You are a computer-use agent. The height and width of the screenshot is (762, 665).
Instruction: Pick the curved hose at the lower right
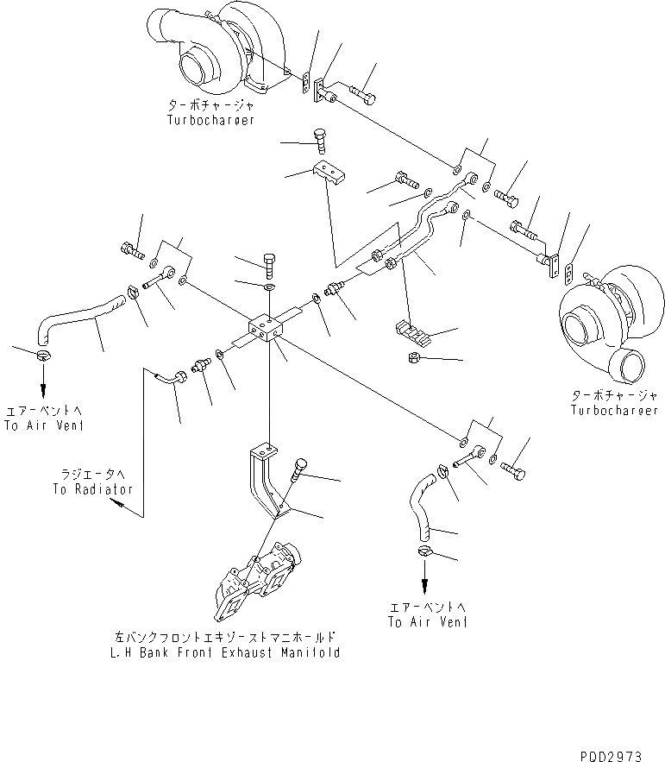(x=420, y=509)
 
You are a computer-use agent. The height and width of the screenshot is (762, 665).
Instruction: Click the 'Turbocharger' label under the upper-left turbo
(x=211, y=121)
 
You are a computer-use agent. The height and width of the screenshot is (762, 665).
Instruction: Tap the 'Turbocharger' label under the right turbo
(x=613, y=410)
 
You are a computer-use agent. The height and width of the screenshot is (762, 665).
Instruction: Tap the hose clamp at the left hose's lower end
(x=42, y=353)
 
